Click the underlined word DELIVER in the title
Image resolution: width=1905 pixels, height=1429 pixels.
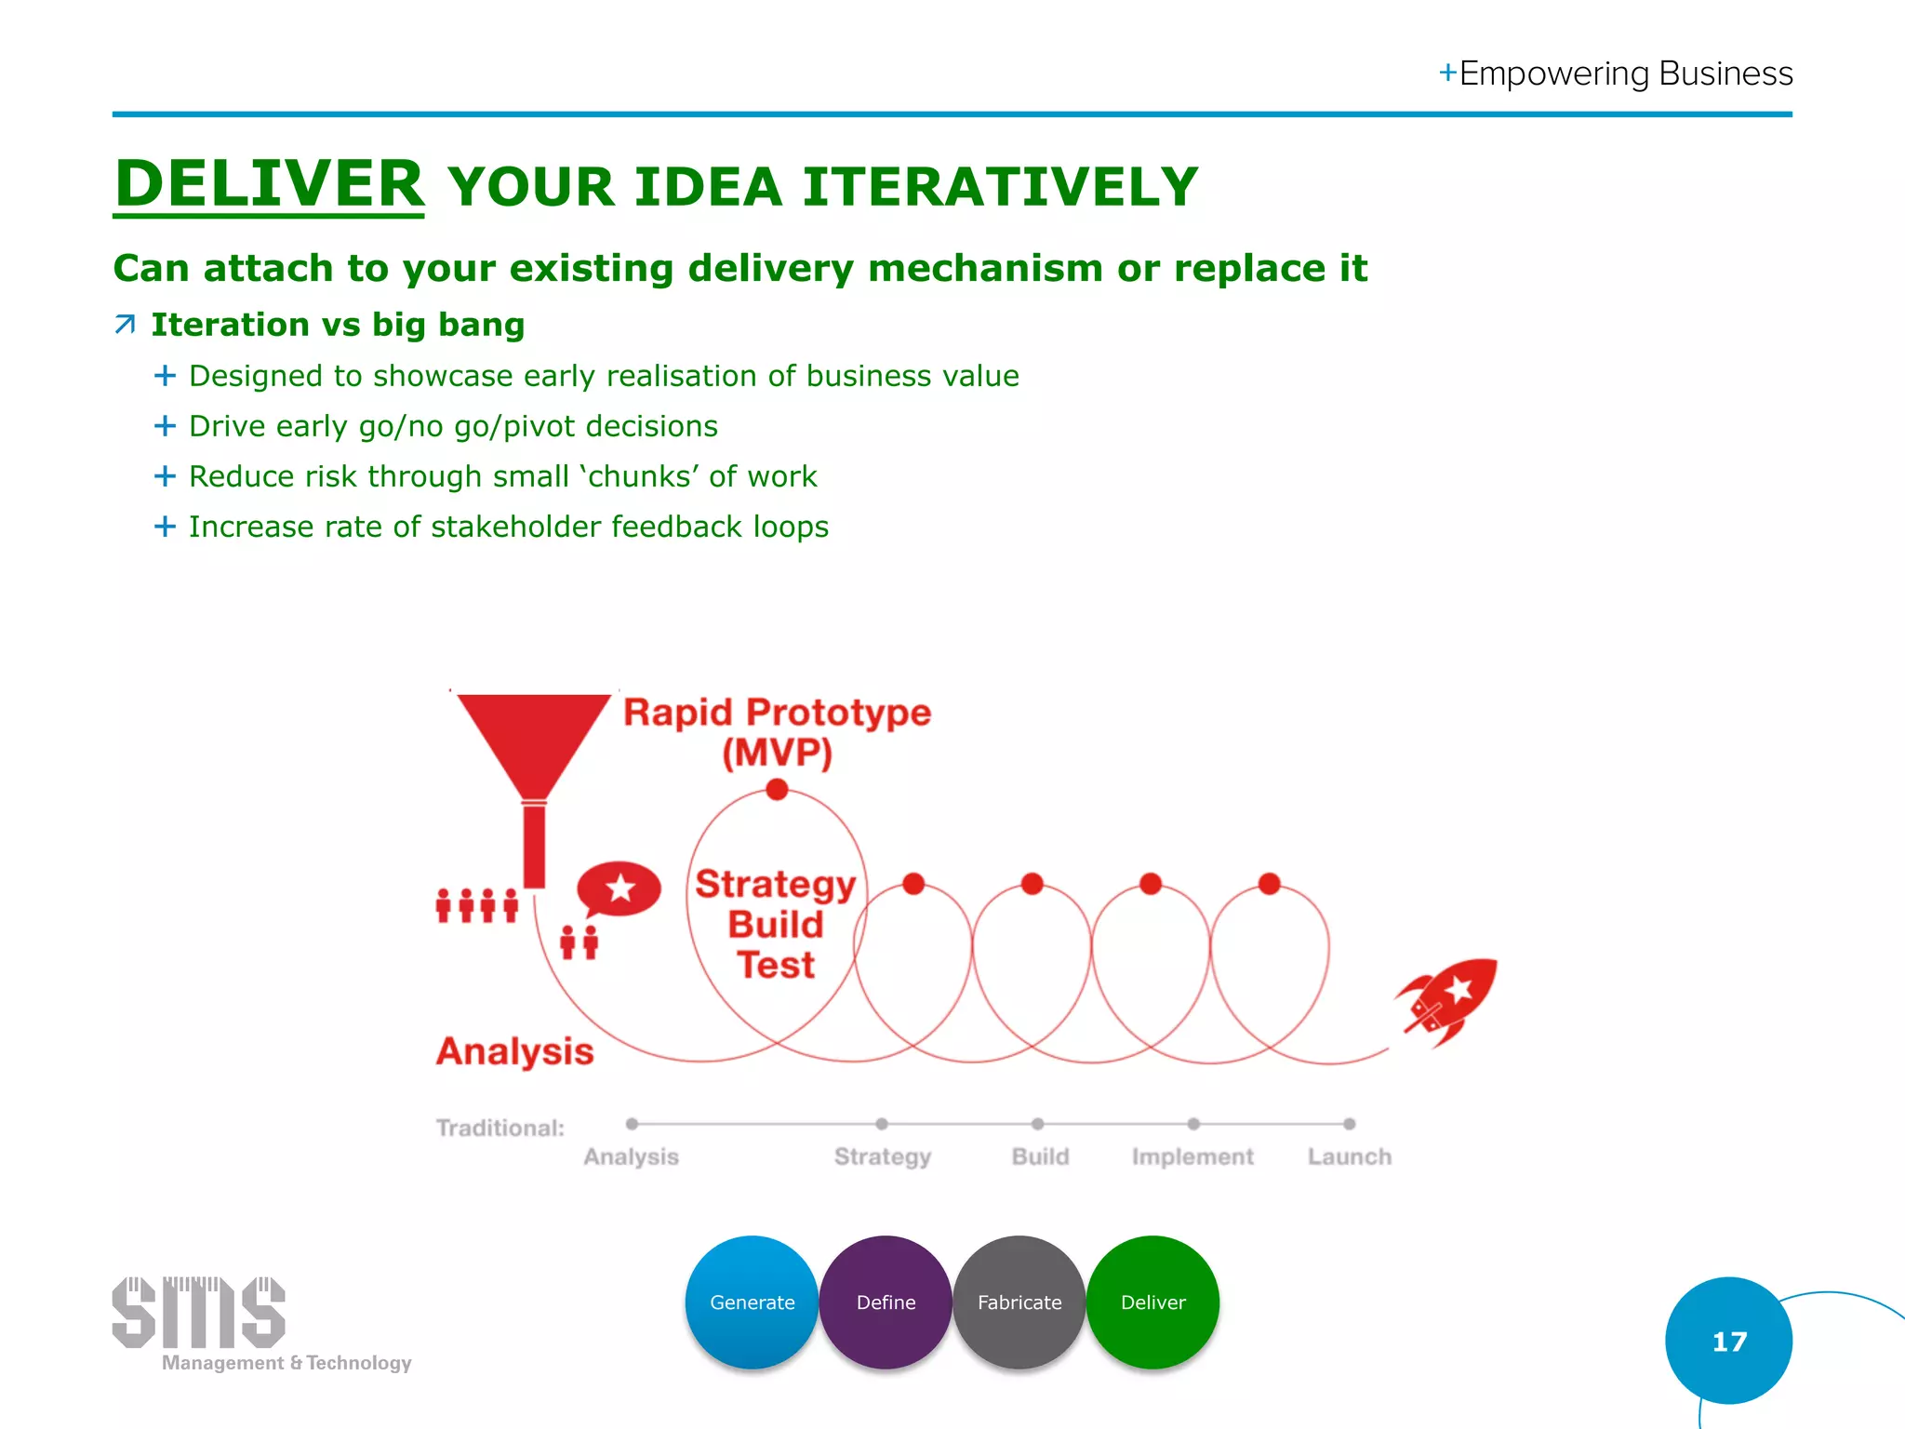point(269,183)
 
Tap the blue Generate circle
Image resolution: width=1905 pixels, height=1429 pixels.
point(752,1302)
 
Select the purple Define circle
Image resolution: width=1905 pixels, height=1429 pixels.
point(886,1302)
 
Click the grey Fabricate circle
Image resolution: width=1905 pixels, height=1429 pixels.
point(1019,1302)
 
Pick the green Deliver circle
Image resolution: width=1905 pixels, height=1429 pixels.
point(1152,1302)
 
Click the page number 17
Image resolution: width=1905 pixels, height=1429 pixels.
point(1729,1342)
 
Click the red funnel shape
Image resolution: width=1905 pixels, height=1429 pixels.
point(533,744)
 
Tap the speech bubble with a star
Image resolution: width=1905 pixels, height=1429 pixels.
point(619,888)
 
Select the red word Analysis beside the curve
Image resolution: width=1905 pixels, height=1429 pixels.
point(514,1051)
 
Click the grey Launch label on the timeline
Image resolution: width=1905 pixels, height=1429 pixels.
point(1349,1156)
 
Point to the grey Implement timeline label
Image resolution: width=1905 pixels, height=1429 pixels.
point(1192,1156)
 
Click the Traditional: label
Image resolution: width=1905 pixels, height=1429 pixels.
point(500,1128)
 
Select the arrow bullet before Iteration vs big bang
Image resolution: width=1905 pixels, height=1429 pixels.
point(125,325)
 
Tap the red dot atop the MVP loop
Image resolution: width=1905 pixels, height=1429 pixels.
point(777,790)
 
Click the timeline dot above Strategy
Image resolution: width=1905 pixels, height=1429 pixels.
point(882,1124)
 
